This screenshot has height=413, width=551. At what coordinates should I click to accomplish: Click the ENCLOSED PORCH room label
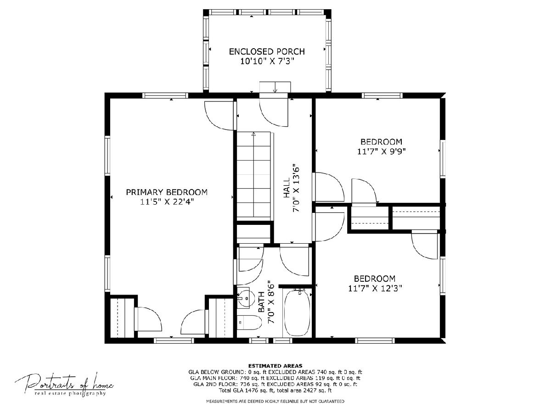pyautogui.click(x=267, y=52)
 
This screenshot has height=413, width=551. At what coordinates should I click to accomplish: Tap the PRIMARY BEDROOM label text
pyautogui.click(x=167, y=192)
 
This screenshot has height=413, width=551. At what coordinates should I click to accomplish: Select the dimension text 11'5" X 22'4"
pyautogui.click(x=167, y=202)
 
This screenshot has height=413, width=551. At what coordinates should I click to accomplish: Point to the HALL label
pyautogui.click(x=287, y=188)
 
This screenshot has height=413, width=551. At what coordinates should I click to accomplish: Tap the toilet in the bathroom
pyautogui.click(x=249, y=323)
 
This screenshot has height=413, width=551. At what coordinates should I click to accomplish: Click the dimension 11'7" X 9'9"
pyautogui.click(x=381, y=151)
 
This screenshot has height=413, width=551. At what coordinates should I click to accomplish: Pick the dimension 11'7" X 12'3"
pyautogui.click(x=375, y=288)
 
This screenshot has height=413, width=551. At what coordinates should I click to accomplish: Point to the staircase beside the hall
pyautogui.click(x=254, y=175)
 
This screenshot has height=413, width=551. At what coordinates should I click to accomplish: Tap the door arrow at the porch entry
pyautogui.click(x=275, y=88)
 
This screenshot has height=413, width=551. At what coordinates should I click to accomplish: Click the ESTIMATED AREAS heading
pyautogui.click(x=275, y=366)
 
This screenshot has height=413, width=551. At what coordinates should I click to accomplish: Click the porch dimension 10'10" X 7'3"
pyautogui.click(x=267, y=61)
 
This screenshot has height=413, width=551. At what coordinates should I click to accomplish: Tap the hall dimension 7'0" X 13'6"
pyautogui.click(x=296, y=188)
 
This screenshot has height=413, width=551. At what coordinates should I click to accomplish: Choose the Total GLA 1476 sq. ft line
pyautogui.click(x=275, y=391)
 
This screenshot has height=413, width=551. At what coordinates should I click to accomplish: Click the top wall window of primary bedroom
pyautogui.click(x=165, y=95)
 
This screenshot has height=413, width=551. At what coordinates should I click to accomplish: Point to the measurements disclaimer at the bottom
pyautogui.click(x=275, y=402)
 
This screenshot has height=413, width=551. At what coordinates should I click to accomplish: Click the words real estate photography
pyautogui.click(x=70, y=393)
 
